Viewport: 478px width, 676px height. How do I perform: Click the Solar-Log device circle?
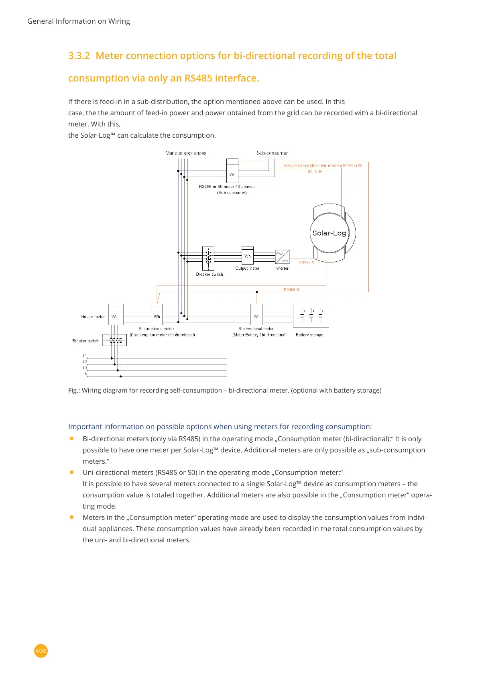(x=329, y=233)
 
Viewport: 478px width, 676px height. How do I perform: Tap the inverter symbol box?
(x=282, y=256)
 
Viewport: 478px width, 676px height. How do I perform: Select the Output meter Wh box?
(x=248, y=256)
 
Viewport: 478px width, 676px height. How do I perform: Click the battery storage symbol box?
(x=311, y=316)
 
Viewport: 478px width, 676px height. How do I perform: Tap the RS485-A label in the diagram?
(x=306, y=262)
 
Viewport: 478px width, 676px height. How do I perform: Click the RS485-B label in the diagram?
(x=291, y=289)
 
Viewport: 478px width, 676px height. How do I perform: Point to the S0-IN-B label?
(x=315, y=172)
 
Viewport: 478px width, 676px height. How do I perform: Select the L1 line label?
(x=85, y=356)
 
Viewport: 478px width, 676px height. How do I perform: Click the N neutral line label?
(x=86, y=374)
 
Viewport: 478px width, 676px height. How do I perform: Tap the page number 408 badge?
(x=41, y=651)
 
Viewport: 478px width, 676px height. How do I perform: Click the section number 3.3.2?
(x=79, y=56)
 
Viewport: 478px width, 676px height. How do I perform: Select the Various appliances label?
(x=186, y=153)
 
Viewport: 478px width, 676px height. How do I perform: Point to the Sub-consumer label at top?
(x=272, y=153)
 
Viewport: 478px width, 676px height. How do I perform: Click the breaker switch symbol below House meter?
(x=114, y=340)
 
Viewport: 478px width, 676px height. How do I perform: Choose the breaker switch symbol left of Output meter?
(x=208, y=259)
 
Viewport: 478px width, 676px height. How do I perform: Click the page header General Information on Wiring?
(x=79, y=21)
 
